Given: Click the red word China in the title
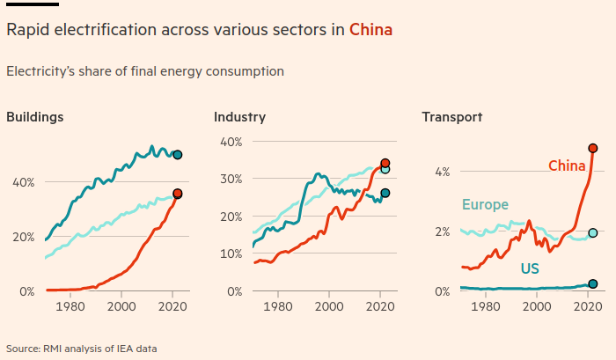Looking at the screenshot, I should [x=370, y=30].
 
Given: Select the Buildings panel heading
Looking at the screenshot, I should [x=35, y=117].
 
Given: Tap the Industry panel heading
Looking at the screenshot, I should [x=239, y=117].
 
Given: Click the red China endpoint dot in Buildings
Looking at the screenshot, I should [x=178, y=194].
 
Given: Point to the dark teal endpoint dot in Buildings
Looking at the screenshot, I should [x=178, y=155].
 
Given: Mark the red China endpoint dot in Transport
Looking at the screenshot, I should [x=593, y=148].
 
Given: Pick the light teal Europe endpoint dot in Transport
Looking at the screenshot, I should [x=593, y=233].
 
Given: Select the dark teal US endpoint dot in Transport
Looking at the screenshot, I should [x=593, y=283].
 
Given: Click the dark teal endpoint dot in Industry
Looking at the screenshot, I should [x=385, y=193].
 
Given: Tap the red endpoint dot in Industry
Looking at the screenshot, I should [x=385, y=163].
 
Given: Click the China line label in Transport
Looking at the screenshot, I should [x=567, y=165].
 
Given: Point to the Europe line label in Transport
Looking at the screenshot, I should [x=486, y=205].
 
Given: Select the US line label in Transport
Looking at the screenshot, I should [x=530, y=268].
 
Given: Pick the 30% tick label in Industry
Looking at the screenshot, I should [x=231, y=179].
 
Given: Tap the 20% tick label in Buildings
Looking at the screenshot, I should [x=24, y=237].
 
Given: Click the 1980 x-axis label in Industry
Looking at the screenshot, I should [x=278, y=307].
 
